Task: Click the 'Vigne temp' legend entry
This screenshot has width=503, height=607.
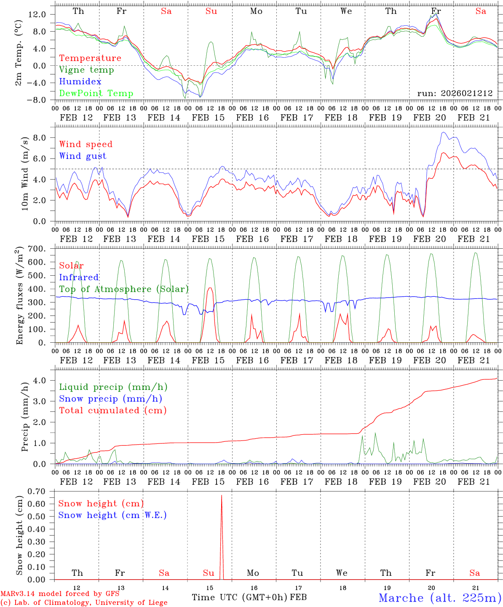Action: click(x=86, y=70)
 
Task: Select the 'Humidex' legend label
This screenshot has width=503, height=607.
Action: click(x=80, y=82)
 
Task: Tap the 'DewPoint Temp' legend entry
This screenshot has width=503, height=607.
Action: click(x=96, y=94)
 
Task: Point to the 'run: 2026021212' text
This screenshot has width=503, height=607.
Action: click(x=455, y=94)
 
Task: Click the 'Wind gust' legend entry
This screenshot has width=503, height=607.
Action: click(x=83, y=156)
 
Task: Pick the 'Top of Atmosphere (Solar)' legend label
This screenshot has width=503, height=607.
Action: click(x=124, y=289)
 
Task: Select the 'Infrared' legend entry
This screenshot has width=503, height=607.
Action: click(x=79, y=277)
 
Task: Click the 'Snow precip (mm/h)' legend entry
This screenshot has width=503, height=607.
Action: click(x=110, y=399)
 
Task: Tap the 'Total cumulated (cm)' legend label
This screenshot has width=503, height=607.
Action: click(x=112, y=411)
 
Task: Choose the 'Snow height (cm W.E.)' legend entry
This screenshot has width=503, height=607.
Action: click(x=112, y=515)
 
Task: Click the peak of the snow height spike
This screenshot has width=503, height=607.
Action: click(x=222, y=495)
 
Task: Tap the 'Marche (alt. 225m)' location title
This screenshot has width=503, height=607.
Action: click(x=440, y=598)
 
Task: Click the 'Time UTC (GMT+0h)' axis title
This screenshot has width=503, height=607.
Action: click(x=239, y=597)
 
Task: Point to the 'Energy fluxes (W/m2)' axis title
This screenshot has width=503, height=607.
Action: click(x=19, y=296)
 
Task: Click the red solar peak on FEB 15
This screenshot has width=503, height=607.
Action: click(x=210, y=288)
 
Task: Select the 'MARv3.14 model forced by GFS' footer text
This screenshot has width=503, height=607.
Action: click(x=60, y=594)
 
